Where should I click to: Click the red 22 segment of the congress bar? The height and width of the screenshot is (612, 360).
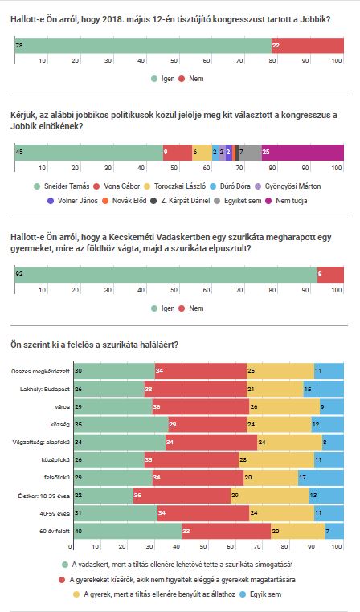click(308, 45)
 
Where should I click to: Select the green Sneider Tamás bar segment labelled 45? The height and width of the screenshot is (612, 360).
click(88, 153)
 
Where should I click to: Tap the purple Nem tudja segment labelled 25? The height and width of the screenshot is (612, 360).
click(303, 153)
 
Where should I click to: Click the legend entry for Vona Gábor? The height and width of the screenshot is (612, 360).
click(118, 186)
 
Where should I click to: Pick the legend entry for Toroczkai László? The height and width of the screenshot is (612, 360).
click(175, 186)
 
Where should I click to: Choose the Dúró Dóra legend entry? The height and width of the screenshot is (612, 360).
click(231, 186)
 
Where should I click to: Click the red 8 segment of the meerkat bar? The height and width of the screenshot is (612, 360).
click(331, 275)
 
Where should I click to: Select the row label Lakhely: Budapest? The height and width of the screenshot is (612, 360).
click(45, 390)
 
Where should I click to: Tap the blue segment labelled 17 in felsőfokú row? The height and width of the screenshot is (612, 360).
click(321, 478)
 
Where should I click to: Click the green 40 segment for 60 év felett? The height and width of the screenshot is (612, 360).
click(128, 531)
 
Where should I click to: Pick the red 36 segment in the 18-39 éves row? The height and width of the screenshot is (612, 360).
click(182, 496)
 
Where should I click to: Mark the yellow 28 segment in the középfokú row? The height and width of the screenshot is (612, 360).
click(276, 460)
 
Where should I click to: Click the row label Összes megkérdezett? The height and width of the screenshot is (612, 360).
click(41, 371)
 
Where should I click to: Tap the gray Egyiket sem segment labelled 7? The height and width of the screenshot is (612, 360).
click(250, 153)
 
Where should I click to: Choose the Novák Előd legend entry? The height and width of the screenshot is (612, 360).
click(125, 201)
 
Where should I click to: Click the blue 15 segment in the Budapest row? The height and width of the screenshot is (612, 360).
click(324, 390)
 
